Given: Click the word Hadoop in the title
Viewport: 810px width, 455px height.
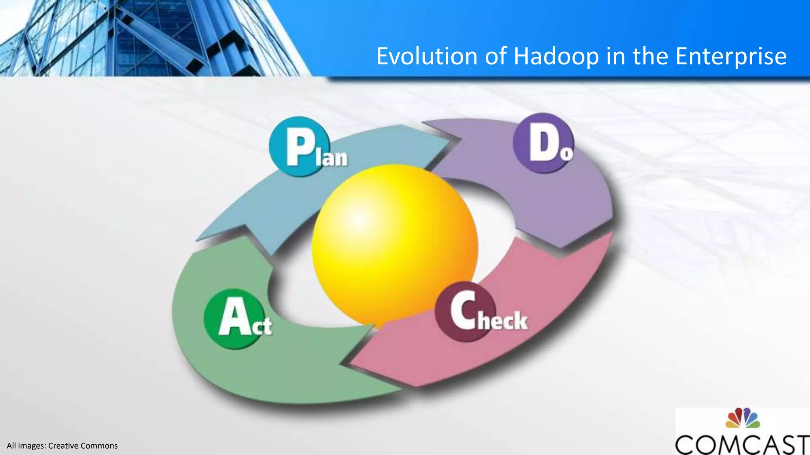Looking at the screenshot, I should [556, 56].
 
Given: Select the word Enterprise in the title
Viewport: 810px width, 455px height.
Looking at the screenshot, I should [731, 56].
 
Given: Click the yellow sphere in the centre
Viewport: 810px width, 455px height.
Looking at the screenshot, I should [395, 245].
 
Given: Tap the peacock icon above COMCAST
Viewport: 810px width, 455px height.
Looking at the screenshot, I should [742, 418].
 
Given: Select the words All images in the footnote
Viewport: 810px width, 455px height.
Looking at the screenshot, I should [26, 446].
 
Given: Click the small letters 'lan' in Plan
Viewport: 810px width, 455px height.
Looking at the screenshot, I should [335, 158].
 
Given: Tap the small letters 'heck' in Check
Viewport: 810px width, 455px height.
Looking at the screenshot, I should [502, 320].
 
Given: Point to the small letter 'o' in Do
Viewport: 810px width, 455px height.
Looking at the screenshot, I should [566, 153].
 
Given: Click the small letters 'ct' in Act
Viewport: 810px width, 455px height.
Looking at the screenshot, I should [262, 326].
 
